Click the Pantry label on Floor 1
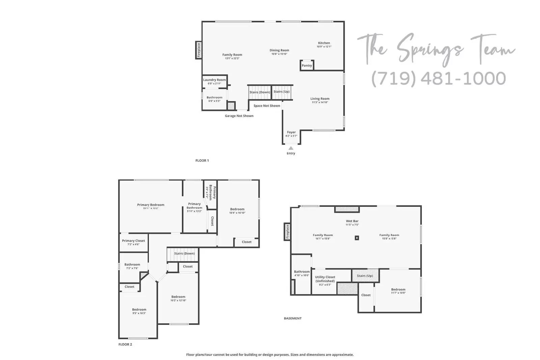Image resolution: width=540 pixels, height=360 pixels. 306,65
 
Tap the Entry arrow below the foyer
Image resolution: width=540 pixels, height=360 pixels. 291,148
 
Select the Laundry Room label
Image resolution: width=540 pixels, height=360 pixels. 214,80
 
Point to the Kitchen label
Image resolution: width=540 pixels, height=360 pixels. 324,43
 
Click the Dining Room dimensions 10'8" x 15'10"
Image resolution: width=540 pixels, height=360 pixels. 279,54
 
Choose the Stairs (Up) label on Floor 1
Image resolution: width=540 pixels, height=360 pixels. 281,92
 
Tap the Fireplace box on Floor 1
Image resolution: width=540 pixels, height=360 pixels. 199,50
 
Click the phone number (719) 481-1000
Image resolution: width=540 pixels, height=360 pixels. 438,79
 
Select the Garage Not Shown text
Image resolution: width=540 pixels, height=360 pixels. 239,116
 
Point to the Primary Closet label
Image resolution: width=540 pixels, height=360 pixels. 133,241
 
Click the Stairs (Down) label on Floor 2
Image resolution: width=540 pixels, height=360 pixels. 184,253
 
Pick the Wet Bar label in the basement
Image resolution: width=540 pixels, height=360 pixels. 352,221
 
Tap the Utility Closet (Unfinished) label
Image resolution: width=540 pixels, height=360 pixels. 325,279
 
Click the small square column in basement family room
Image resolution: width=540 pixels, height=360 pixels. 357,238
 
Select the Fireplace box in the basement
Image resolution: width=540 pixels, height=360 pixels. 288,232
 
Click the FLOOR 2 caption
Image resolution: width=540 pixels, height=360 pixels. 125,344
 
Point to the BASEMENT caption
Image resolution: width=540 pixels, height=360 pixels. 293,318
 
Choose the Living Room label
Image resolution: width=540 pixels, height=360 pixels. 320,99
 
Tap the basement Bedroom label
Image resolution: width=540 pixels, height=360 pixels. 398,289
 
